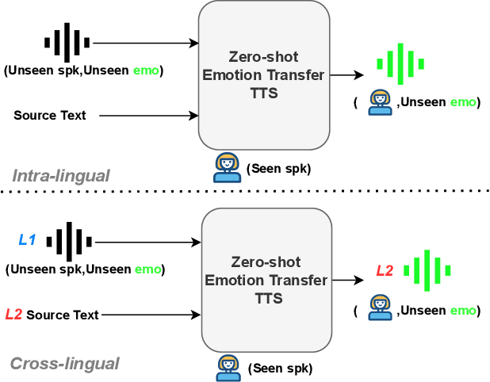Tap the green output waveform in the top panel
400,62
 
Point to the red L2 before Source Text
13,315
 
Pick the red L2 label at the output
385,270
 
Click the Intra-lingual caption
61,175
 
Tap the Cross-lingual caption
65,364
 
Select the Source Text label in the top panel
49,116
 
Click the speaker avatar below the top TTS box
228,167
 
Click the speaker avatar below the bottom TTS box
229,367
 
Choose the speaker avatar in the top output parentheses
380,103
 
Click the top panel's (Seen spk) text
278,169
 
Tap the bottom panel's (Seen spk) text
280,369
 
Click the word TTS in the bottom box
266,298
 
